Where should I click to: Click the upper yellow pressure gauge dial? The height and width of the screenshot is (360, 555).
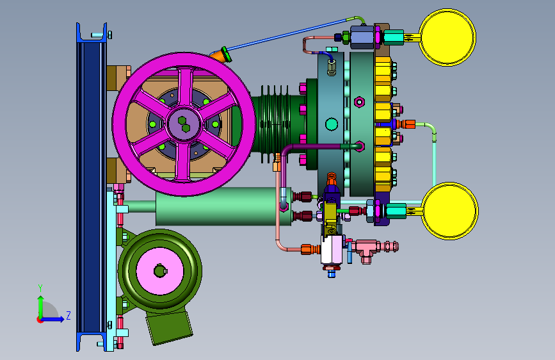tap(447, 37)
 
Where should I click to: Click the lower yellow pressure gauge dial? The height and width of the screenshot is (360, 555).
tap(450, 211)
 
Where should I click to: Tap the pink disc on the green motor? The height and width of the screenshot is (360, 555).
tap(159, 271)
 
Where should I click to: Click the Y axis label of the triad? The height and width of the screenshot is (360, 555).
tap(40, 288)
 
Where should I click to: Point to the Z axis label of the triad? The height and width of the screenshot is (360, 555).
tap(68, 315)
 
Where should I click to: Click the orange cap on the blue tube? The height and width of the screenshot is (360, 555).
tap(221, 55)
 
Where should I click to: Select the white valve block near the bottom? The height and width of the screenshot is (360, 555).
tap(332, 249)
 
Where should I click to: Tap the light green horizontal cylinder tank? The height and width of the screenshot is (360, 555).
tap(223, 206)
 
